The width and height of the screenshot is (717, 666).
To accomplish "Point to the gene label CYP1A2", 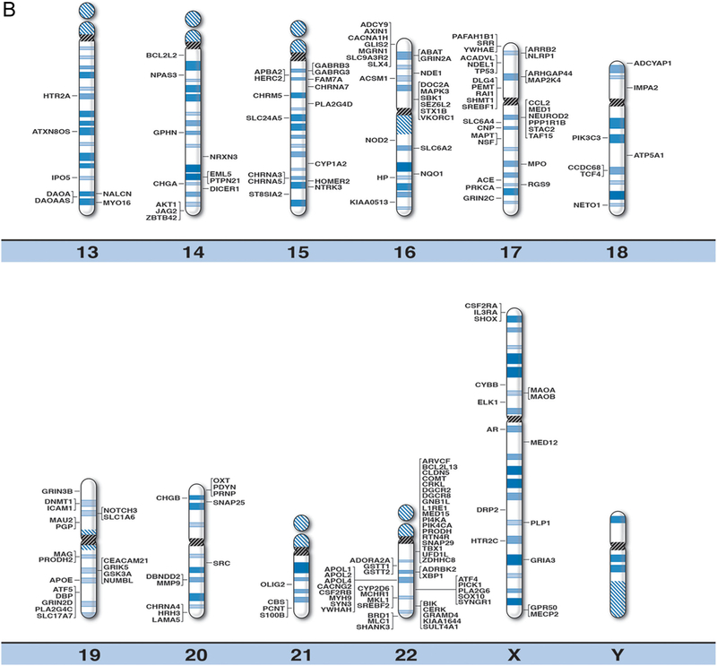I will (328, 164).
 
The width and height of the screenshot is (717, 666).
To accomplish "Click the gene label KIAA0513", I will (370, 203).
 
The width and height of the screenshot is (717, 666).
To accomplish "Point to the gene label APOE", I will (61, 580).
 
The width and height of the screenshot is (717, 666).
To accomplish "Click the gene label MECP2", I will (545, 614).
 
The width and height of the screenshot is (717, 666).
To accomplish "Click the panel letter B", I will (10, 11).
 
